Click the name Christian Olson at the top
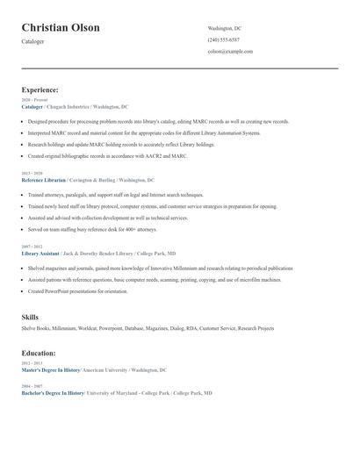point(61,27)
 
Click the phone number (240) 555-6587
point(223,39)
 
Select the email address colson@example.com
point(230,51)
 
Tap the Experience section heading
point(40,89)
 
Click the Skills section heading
point(30,316)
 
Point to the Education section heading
point(39,353)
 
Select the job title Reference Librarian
point(43,179)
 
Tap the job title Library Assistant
point(40,253)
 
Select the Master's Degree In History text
point(51,369)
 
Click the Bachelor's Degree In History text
point(53,393)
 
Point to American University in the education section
point(106,369)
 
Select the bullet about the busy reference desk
point(92,229)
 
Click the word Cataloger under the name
point(32,41)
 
